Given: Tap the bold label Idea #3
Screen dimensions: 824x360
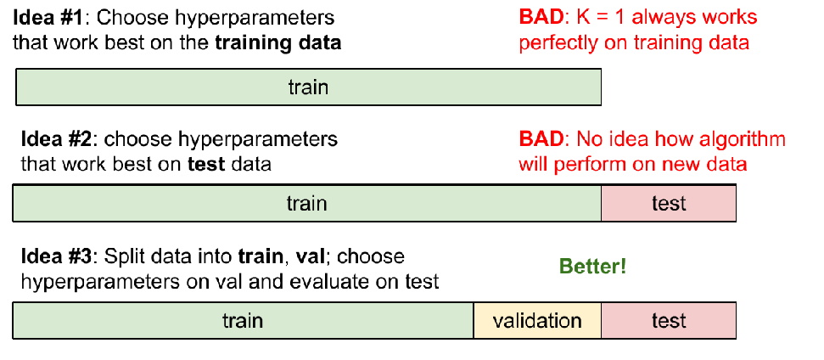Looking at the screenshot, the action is pyautogui.click(x=58, y=257).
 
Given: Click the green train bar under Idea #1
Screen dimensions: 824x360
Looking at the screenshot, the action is pyautogui.click(x=309, y=87).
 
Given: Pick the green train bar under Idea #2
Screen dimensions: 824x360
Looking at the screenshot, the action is pyautogui.click(x=307, y=203).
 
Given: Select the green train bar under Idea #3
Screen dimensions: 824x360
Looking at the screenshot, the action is pyautogui.click(x=243, y=321).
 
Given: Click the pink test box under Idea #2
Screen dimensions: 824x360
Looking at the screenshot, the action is pyautogui.click(x=669, y=203).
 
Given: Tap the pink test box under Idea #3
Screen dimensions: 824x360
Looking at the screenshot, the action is pyautogui.click(x=669, y=321).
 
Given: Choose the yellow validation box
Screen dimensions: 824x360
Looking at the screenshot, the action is pyautogui.click(x=538, y=321).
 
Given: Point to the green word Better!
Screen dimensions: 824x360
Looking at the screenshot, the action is pyautogui.click(x=593, y=267).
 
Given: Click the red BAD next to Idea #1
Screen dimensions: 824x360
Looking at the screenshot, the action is pyautogui.click(x=541, y=17).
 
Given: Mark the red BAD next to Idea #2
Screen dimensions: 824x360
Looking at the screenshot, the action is pyautogui.click(x=541, y=139).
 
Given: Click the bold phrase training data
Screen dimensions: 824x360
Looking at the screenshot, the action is pyautogui.click(x=278, y=43).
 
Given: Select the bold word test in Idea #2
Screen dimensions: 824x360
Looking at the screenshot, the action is pyautogui.click(x=206, y=165).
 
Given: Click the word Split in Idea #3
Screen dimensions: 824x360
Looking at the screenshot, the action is pyautogui.click(x=122, y=258).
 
